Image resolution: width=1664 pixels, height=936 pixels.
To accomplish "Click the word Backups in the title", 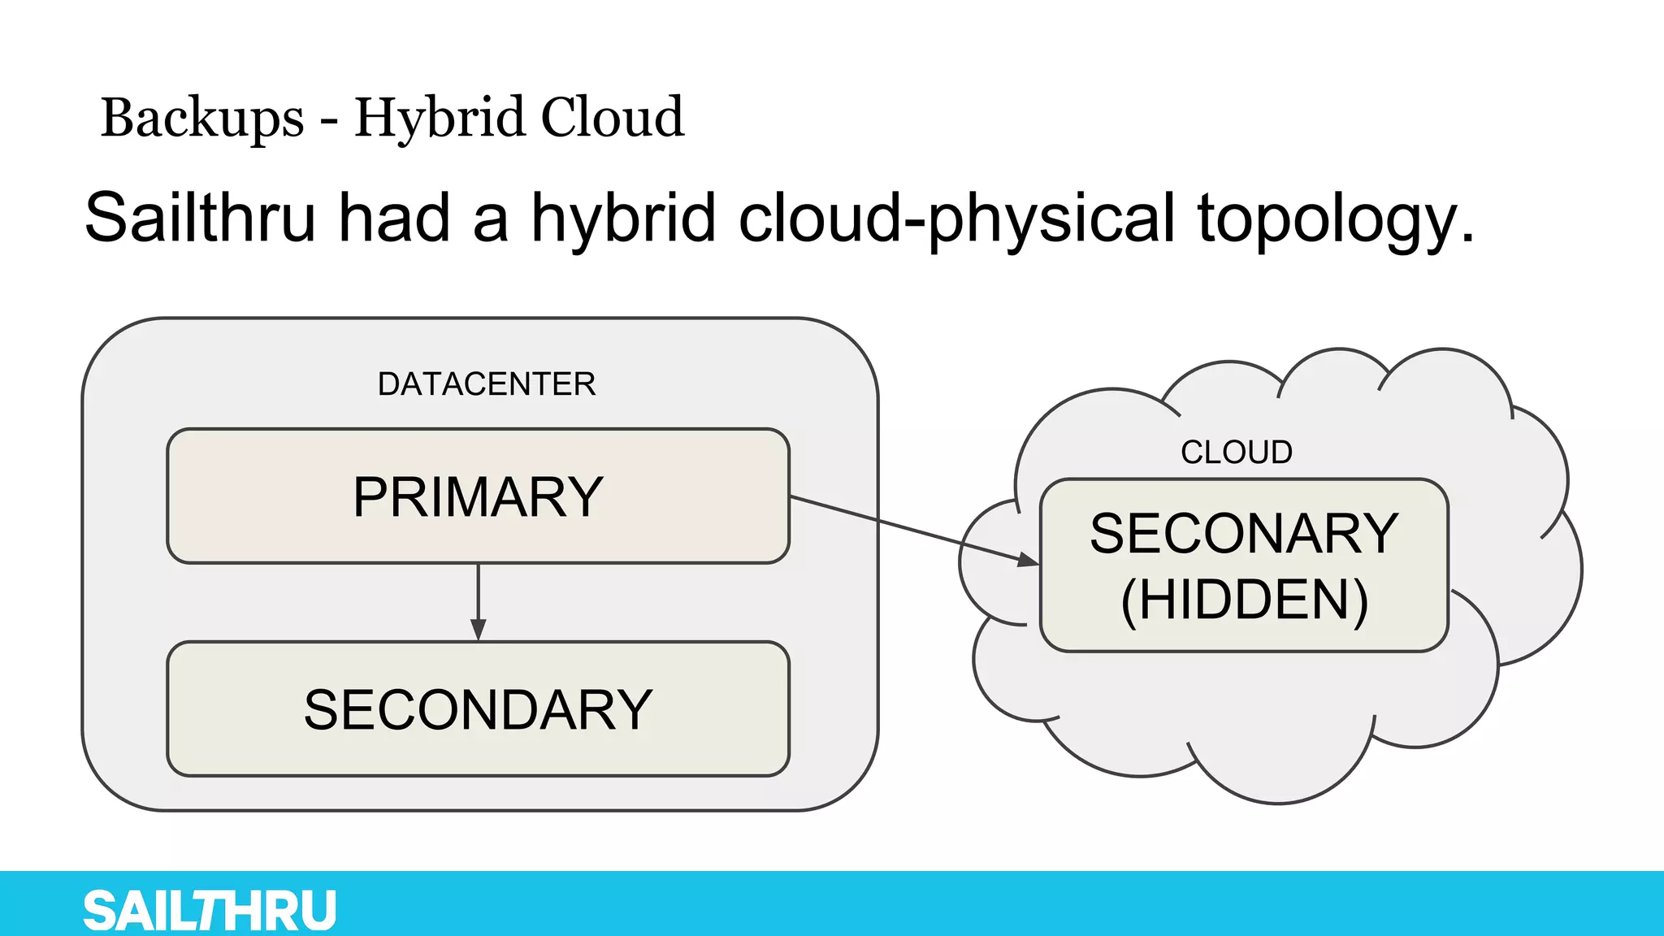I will point(202,119).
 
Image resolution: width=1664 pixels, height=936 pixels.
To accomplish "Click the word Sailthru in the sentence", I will point(200,218).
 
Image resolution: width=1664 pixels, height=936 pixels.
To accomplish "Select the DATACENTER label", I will point(487,384).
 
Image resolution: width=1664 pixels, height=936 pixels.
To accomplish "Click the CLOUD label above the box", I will point(1236,453).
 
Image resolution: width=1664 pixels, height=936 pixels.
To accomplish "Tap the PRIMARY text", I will point(478,497).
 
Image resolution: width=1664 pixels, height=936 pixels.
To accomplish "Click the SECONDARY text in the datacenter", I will point(478,710).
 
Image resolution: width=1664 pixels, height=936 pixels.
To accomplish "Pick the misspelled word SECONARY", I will point(1244,534).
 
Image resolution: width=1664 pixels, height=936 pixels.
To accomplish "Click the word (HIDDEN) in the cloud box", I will point(1244,600).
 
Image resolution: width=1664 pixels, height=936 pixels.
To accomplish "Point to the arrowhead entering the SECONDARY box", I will point(479,630).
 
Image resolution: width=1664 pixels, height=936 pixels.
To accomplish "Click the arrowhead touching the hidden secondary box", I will point(1028,559).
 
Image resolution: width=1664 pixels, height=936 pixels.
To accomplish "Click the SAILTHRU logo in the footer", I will point(210,910).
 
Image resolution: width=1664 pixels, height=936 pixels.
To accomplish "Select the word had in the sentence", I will point(394,218).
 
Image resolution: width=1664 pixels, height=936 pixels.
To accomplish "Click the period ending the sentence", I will point(1467,240).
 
